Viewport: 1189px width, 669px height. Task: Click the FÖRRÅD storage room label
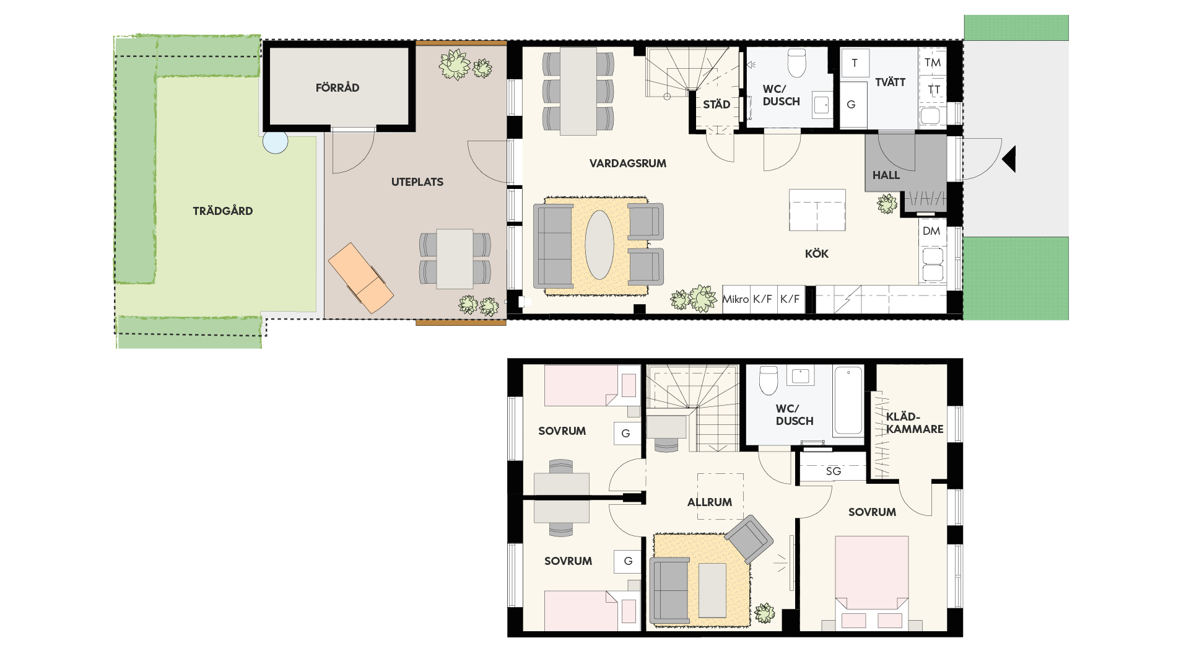point(338,87)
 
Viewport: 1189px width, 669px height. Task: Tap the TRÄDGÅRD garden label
point(223,211)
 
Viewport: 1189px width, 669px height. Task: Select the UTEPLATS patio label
point(417,181)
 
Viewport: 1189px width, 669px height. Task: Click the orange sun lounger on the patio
point(360,278)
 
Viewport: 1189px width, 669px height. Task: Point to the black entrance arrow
point(1009,159)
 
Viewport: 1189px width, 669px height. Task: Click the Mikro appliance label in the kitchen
point(736,299)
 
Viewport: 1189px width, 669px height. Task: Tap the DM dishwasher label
point(931,231)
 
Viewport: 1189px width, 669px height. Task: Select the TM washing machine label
point(933,62)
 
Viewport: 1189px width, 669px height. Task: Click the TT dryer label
point(934,90)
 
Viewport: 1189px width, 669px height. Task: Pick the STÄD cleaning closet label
point(716,104)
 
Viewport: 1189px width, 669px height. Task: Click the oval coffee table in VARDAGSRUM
point(599,245)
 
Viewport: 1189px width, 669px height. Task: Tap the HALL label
point(886,175)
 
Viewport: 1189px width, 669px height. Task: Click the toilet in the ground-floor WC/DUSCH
point(796,63)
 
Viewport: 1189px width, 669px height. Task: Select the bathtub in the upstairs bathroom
point(848,401)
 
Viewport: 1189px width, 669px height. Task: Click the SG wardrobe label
point(834,471)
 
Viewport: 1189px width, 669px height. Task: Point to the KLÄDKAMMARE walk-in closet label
point(915,422)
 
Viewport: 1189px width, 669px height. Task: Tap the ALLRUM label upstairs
point(710,502)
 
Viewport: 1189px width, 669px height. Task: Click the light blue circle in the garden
point(275,141)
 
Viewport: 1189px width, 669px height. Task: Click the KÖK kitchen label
point(817,253)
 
